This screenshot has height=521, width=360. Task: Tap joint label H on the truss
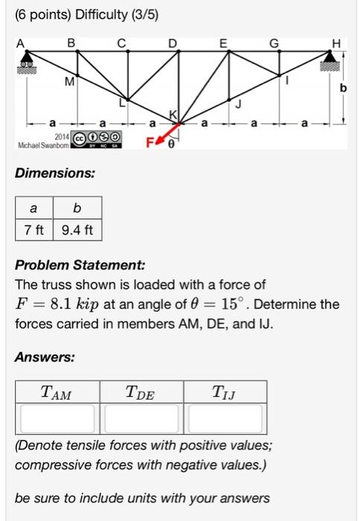tap(338, 42)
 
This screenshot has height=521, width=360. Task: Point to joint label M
tap(69, 80)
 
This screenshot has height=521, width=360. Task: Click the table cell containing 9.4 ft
tap(77, 229)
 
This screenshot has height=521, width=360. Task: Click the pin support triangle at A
tap(27, 59)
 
